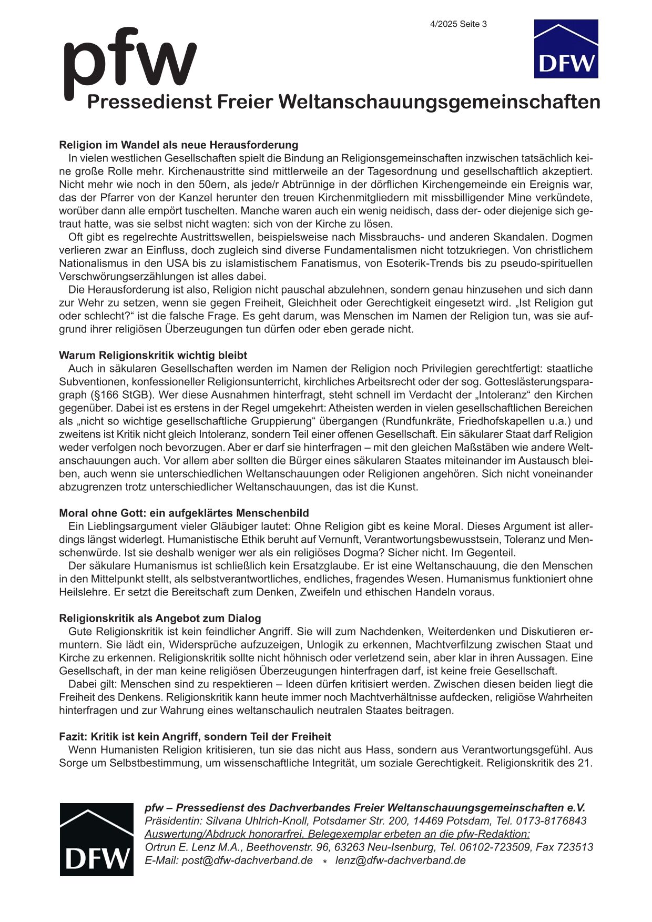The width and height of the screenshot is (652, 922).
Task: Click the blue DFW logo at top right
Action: [x=566, y=49]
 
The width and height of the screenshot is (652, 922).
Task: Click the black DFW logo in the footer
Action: [x=96, y=839]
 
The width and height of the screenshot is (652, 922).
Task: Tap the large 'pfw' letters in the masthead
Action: [x=129, y=62]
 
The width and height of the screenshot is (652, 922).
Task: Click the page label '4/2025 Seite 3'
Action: [x=458, y=24]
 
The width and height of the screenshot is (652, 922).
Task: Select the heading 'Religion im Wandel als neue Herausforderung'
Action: [x=178, y=145]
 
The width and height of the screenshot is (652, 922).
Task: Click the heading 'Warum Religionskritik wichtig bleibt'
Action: [x=153, y=356]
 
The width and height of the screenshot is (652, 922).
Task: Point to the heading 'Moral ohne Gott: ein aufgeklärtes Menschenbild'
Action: [x=184, y=513]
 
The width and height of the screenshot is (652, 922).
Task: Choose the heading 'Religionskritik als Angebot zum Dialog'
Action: [x=160, y=619]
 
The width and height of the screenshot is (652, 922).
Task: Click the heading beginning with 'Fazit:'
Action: [x=195, y=737]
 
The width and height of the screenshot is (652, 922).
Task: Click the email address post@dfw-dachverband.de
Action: [x=247, y=860]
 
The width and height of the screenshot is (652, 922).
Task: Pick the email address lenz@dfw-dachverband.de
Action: [x=400, y=860]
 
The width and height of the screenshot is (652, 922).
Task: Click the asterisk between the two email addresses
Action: [x=325, y=862]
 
